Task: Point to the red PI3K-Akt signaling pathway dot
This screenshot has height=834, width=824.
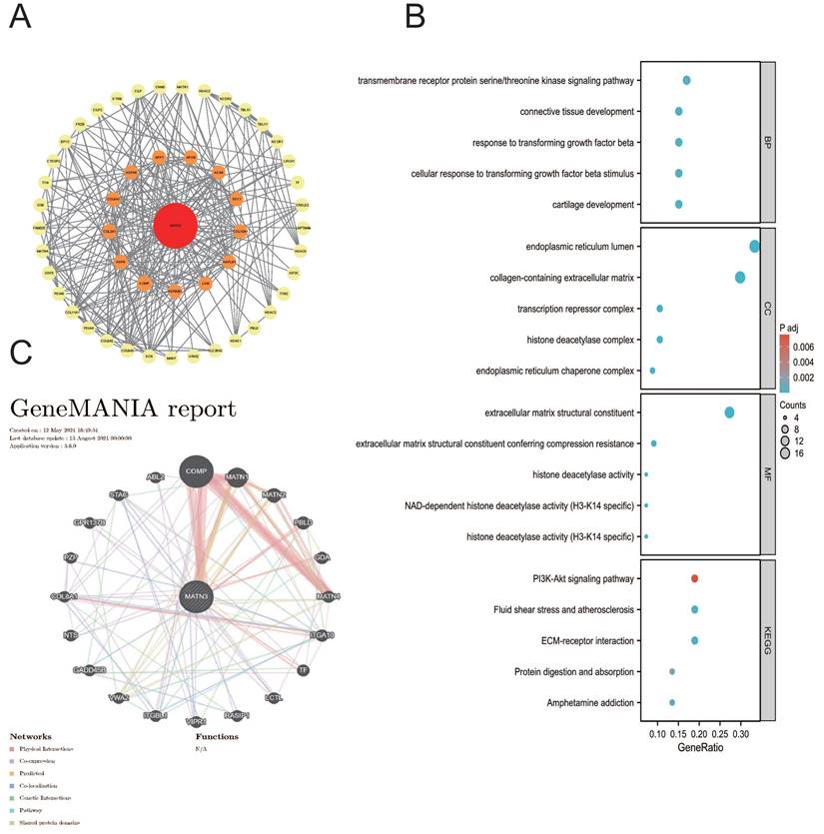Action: [x=694, y=577]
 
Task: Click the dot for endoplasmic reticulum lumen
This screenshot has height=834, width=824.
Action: [x=754, y=247]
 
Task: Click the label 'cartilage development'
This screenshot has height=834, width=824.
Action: [x=579, y=205]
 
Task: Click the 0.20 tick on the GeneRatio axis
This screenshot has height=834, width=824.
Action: [x=698, y=733]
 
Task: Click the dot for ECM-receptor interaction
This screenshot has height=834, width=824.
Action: [x=694, y=640]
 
